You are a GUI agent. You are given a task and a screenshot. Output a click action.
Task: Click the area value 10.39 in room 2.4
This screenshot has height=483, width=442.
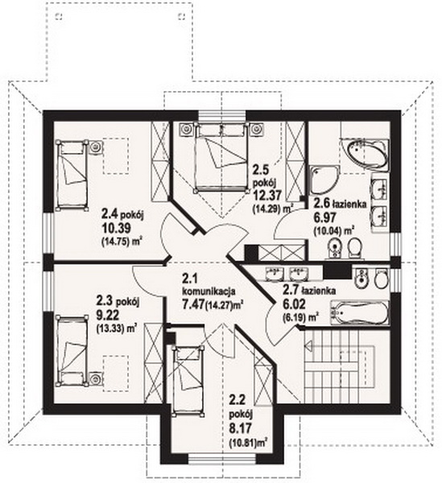(x=117, y=229)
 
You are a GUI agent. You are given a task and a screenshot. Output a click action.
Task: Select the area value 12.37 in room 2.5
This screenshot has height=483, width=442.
(x=266, y=196)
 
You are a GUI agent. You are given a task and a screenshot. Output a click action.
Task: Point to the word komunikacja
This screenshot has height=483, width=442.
(x=209, y=291)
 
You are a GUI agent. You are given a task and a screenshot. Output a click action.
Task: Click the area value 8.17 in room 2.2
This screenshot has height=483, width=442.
(x=240, y=428)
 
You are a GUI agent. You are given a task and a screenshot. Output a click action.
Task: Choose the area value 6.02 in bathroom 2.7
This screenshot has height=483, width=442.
(x=294, y=304)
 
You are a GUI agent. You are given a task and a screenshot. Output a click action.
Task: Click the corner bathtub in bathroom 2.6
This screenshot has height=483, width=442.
(x=367, y=154)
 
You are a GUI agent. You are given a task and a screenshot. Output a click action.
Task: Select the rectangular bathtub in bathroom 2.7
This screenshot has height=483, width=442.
(x=359, y=312)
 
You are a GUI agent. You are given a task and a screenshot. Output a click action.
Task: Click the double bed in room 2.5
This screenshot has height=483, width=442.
(x=221, y=158)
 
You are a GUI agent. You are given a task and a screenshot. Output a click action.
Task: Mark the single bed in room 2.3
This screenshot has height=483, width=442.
(x=71, y=350)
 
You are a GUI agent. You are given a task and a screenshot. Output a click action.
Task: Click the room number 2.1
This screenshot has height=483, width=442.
(x=188, y=279)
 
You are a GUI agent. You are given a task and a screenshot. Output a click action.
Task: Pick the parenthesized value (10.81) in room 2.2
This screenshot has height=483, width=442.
(x=243, y=443)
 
